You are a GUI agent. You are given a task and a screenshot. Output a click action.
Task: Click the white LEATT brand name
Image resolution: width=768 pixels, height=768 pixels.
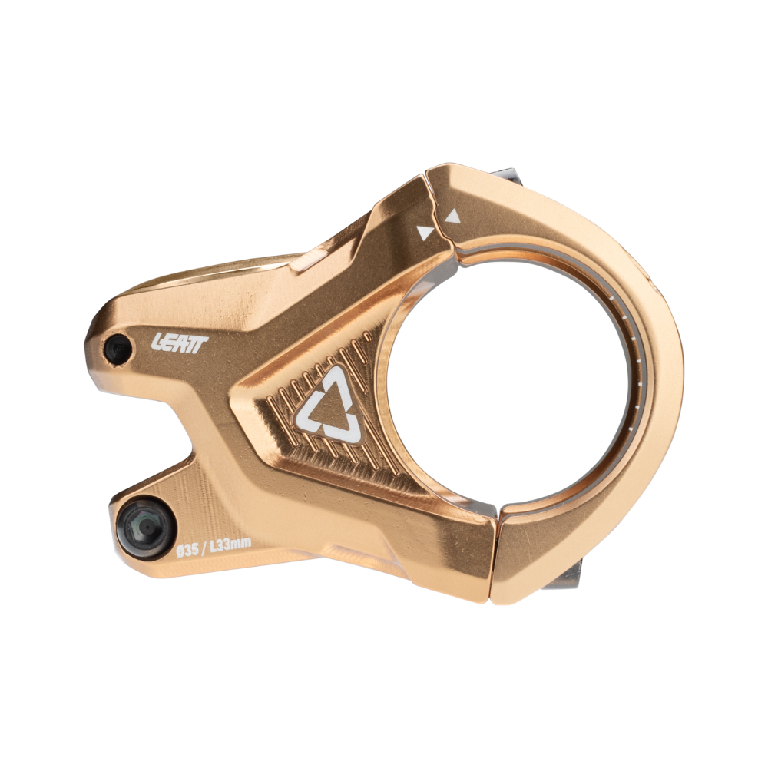[179, 343]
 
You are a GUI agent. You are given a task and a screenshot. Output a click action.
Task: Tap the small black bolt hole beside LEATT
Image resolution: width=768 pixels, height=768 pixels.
[118, 350]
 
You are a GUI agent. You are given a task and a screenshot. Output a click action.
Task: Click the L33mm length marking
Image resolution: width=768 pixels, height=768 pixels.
[230, 547]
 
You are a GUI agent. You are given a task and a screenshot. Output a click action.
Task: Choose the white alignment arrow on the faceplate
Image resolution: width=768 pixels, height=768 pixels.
[453, 217]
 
